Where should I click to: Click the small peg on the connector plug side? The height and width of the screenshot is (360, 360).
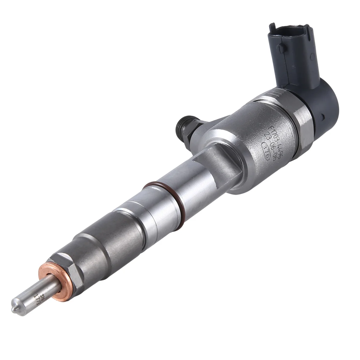tap(280, 46)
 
